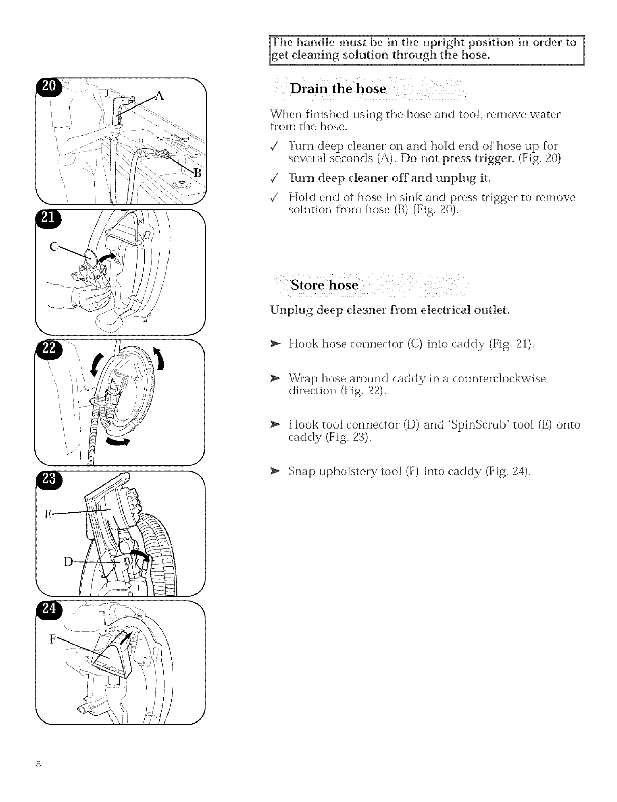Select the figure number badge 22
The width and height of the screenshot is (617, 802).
50,348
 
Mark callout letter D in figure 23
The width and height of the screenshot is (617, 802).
68,562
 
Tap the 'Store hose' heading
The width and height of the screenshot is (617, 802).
324,285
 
